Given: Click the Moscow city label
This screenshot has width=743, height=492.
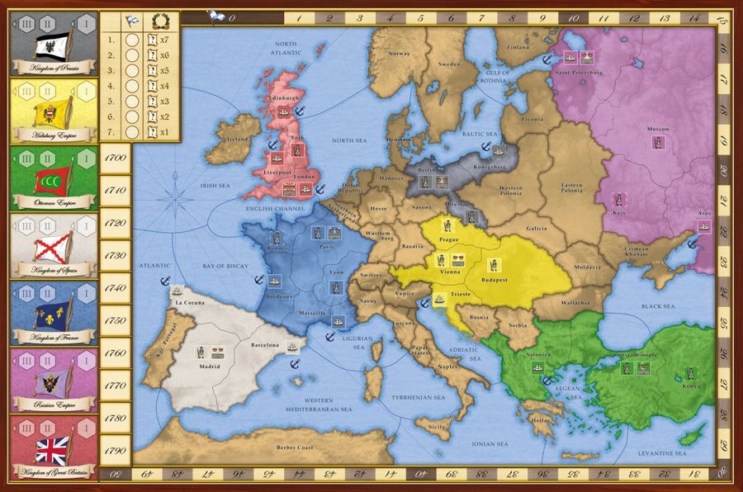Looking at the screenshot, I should coord(657,130).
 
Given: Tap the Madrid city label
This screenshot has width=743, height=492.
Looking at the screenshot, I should coord(210,366).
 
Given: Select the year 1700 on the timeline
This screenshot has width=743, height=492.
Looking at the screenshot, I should coord(116,157).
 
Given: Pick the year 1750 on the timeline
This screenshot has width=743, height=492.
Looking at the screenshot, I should coord(116,319).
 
